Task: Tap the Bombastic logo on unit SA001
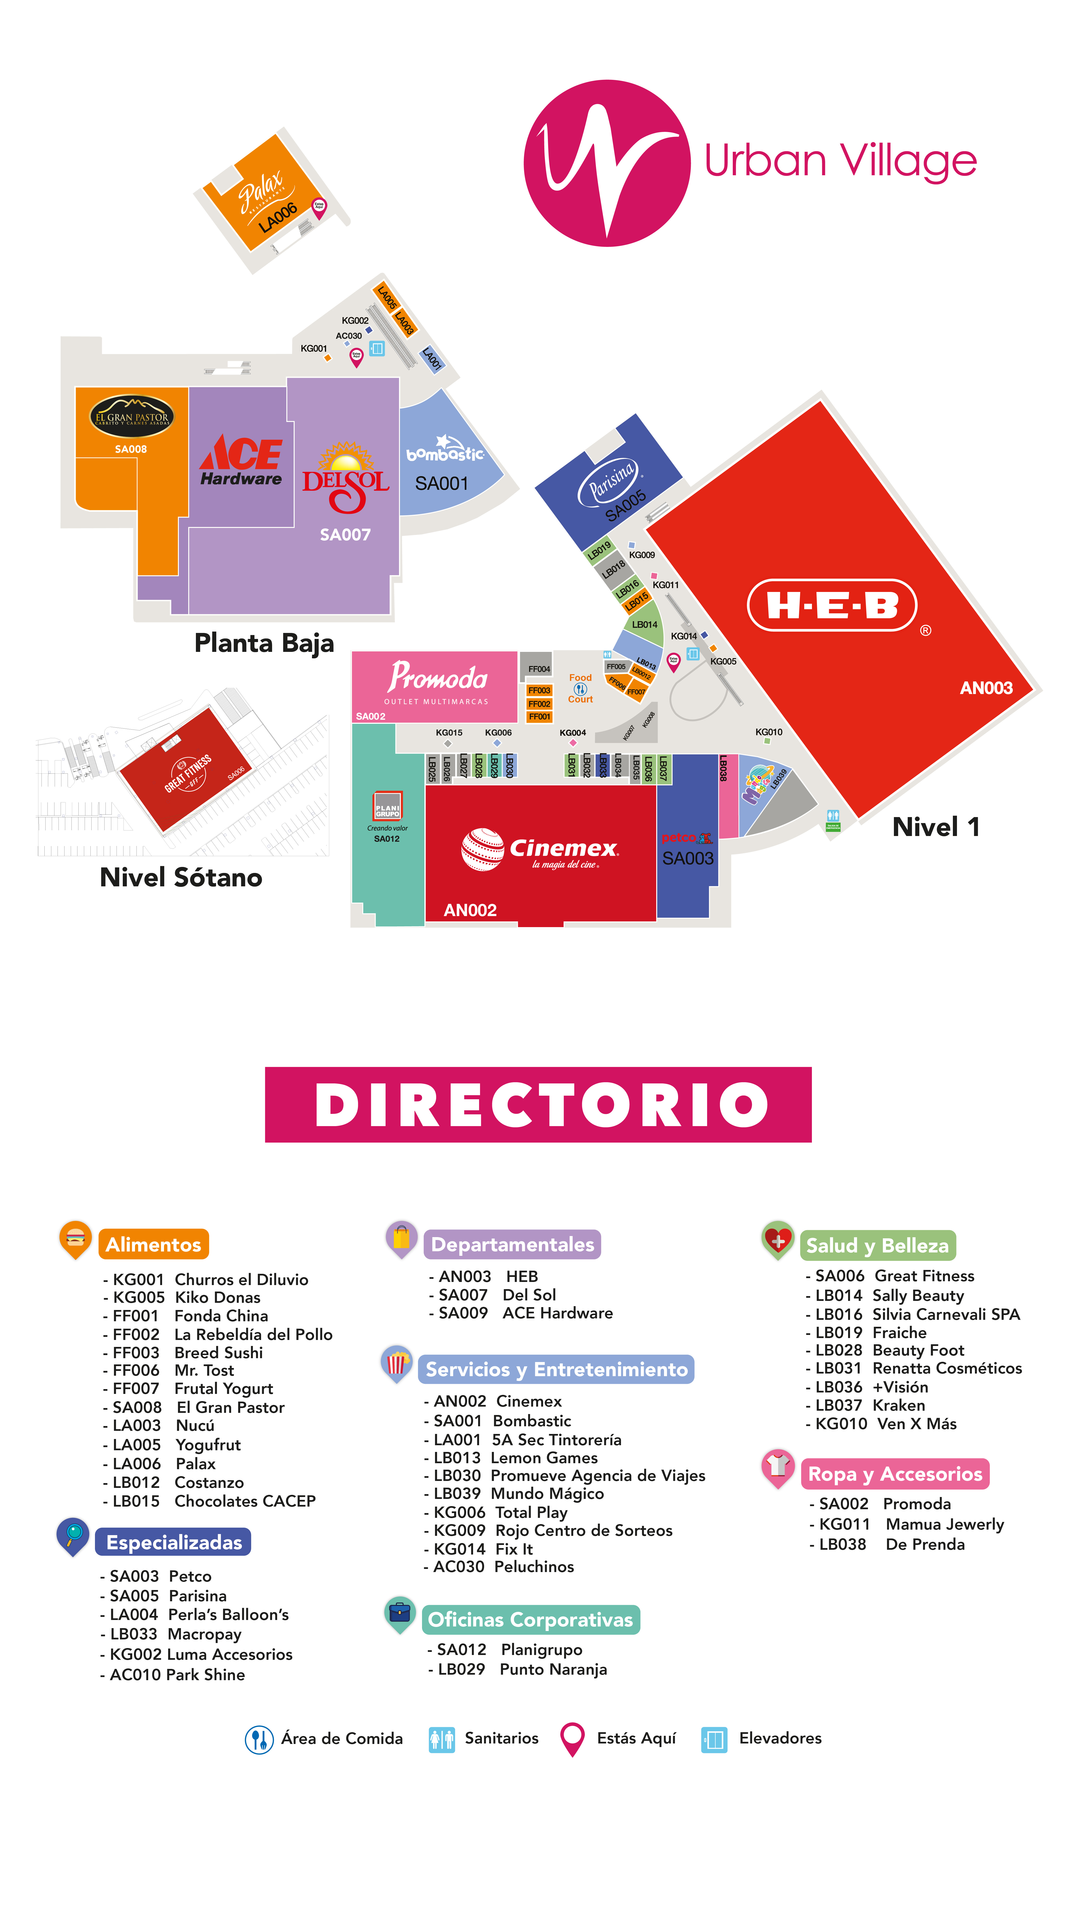coord(445,449)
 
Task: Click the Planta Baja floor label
coord(264,643)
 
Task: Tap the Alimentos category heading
coord(153,1245)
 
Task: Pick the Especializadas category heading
coord(174,1542)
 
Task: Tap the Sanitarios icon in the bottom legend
coord(442,1739)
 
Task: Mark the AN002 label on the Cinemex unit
coord(470,910)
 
